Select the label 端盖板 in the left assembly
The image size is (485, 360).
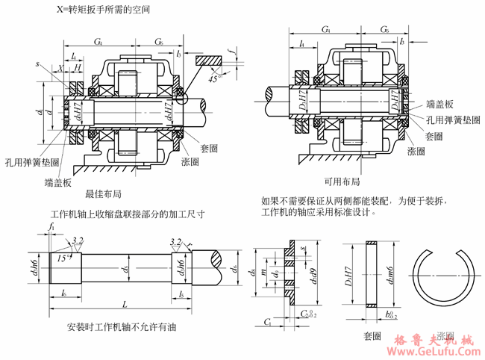[x=57, y=181]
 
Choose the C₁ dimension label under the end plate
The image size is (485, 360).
[x=266, y=321]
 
